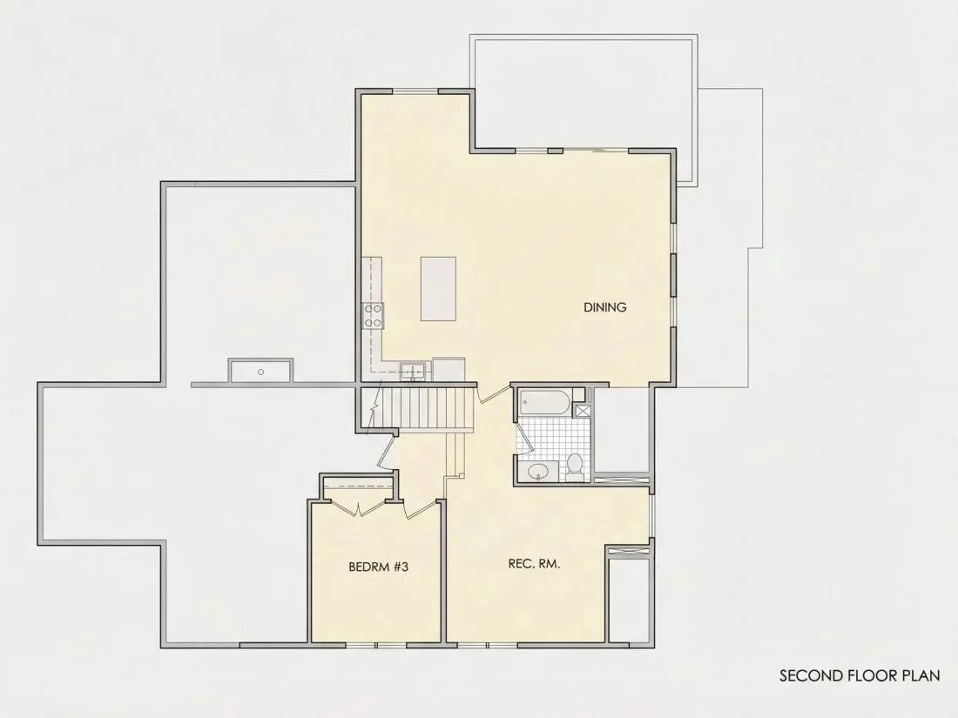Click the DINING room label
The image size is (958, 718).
coord(605,307)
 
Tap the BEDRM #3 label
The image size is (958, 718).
coord(378,567)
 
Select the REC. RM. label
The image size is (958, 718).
coord(534,564)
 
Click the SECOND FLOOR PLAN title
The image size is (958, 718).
coord(860,676)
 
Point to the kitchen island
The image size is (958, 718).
coord(438,289)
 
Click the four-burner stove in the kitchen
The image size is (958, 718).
coord(373,316)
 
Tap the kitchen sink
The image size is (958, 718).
coord(414,370)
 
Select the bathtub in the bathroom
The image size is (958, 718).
coord(545,402)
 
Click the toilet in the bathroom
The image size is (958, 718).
coord(574,466)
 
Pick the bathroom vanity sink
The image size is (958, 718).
coord(538,471)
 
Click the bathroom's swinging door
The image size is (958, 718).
coord(523,439)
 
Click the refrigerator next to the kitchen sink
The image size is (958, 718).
coord(449,369)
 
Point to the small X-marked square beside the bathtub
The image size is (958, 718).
coord(583,410)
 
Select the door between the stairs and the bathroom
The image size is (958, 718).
coord(492,393)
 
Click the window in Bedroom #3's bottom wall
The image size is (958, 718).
coord(375,645)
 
